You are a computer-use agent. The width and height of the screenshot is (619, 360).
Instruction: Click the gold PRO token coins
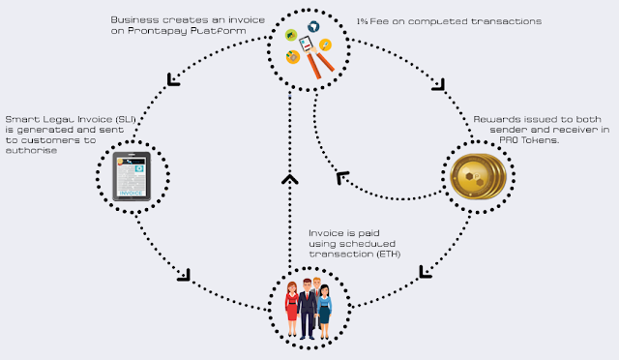point(478,176)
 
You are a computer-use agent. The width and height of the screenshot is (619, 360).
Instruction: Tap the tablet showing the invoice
point(132,176)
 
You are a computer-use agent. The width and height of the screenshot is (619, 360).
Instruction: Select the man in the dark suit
point(307,309)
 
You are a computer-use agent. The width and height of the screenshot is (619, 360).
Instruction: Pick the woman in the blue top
point(324,312)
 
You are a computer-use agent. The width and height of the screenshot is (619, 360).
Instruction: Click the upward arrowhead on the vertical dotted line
point(290,179)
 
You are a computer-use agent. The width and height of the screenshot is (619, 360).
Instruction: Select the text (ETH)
point(389,254)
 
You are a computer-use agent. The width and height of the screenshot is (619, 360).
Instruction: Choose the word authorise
point(31,151)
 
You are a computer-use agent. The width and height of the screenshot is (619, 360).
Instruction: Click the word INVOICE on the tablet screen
point(131,194)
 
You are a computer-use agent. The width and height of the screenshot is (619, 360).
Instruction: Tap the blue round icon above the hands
point(313,27)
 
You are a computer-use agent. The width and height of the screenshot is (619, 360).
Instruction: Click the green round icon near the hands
point(291,35)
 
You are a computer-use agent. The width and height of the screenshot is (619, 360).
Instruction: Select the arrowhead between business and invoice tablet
point(173,79)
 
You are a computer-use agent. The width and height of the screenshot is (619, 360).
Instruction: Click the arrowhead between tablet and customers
point(185,276)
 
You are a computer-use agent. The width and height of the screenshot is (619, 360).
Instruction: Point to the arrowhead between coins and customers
point(425,272)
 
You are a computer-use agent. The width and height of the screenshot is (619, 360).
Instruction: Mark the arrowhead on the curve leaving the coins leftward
point(341,177)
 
